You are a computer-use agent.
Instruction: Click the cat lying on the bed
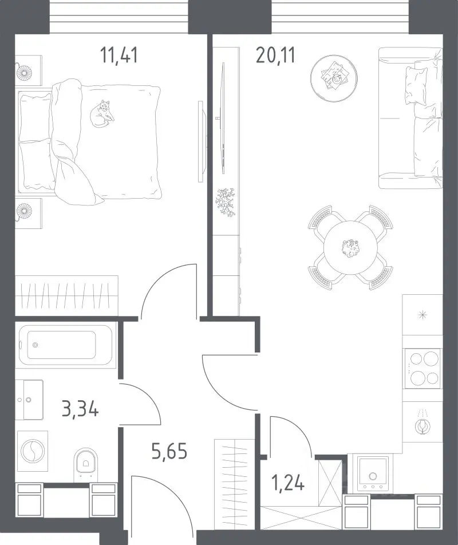(102, 114)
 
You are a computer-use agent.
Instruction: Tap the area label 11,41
(119, 56)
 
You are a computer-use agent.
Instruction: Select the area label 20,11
(275, 56)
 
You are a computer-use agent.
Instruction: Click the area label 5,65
(169, 451)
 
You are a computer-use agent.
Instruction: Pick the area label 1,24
(288, 482)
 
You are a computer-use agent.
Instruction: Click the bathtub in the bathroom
(65, 345)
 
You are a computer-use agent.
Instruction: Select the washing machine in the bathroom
(32, 451)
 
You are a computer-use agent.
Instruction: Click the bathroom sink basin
(29, 400)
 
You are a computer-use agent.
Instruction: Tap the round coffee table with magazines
(334, 78)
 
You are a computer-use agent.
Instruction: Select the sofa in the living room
(410, 118)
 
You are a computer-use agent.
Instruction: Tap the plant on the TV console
(226, 202)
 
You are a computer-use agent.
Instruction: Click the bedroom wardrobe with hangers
(67, 295)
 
